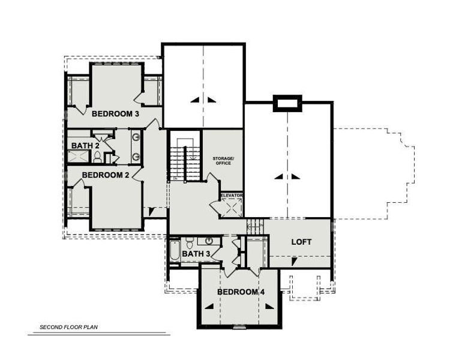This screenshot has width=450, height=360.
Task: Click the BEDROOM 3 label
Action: tap(115, 113)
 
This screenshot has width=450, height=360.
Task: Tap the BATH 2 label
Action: tap(80, 145)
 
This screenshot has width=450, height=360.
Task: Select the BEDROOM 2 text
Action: tap(106, 175)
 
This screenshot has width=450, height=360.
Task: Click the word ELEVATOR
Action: tap(232, 196)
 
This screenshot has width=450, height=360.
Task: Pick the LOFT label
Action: tap(301, 242)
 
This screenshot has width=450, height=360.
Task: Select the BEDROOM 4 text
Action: tap(240, 292)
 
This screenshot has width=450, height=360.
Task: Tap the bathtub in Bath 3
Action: tap(175, 251)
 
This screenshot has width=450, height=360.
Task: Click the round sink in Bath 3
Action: tap(209, 241)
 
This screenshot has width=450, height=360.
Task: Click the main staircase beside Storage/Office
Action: tap(184, 159)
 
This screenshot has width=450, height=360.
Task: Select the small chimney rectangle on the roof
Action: tap(286, 104)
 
